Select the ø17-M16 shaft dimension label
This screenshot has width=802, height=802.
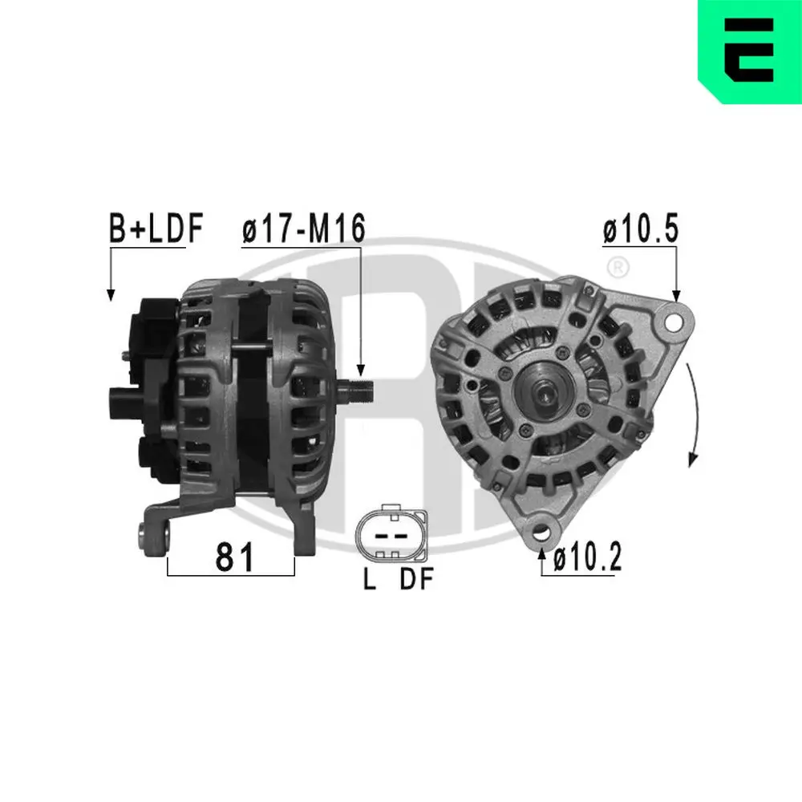303,229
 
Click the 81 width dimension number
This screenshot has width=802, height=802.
235,557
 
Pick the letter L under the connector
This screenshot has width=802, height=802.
370,580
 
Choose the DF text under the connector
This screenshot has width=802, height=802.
416,580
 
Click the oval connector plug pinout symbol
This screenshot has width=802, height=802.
391,535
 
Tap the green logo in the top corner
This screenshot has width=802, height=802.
749,51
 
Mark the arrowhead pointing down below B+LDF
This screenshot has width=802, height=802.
111,294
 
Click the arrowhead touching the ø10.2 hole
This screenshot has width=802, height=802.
545,551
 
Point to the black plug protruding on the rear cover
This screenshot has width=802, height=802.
122,396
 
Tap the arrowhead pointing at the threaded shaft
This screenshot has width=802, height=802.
361,371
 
